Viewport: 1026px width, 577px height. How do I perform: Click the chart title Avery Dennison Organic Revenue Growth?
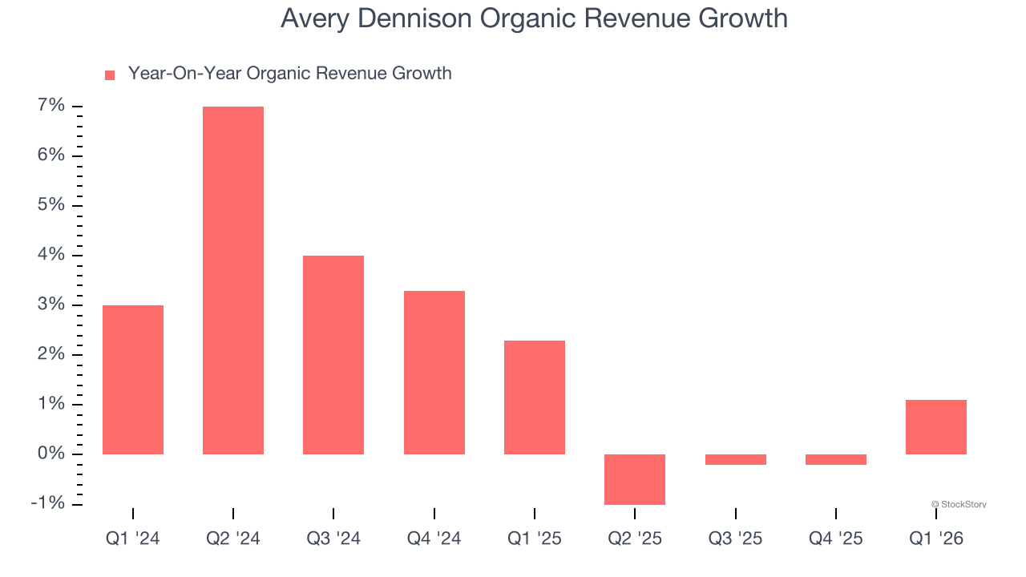(534, 18)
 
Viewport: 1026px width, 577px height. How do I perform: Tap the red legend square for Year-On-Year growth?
(110, 75)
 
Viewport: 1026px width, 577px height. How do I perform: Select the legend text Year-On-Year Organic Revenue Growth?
(289, 74)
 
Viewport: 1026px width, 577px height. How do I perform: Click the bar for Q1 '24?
(133, 380)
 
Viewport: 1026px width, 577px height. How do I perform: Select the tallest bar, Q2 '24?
(233, 280)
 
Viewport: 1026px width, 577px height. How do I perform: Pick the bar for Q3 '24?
(333, 355)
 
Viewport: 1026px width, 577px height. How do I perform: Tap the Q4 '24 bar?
(434, 373)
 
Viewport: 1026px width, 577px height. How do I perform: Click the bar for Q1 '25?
(535, 397)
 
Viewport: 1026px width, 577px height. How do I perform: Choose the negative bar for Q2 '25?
(635, 479)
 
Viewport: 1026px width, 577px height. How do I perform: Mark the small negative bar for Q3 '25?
(736, 459)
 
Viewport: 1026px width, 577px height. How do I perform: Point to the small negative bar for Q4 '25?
(836, 459)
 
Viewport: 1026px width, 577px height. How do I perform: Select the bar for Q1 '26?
(936, 427)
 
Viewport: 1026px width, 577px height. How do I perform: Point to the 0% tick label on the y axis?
(50, 454)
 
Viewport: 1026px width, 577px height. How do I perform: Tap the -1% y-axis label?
(46, 503)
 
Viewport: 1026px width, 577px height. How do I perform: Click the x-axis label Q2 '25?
(635, 539)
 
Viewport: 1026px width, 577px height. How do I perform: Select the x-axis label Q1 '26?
(936, 539)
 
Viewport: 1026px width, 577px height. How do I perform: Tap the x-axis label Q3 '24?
(333, 539)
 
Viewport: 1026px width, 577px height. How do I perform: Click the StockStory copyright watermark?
(959, 504)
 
